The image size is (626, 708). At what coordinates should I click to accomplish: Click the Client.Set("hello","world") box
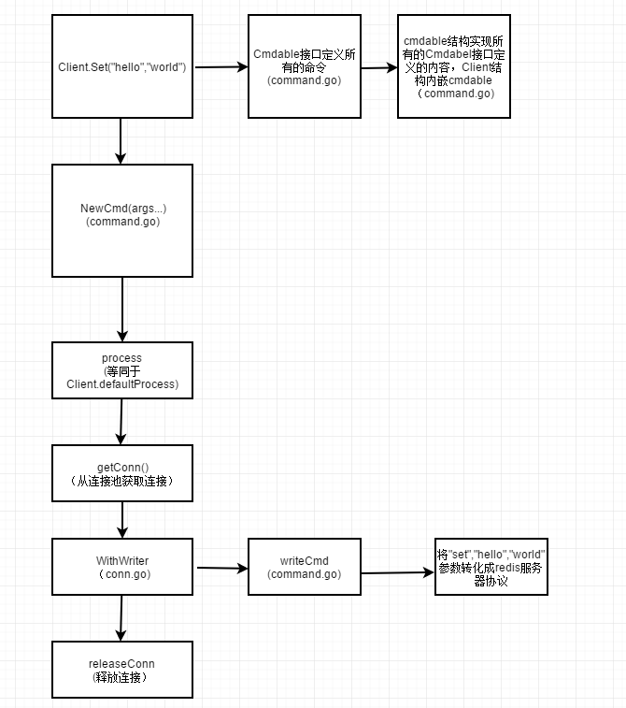(x=122, y=66)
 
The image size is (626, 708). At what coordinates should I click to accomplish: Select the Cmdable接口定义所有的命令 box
(x=305, y=66)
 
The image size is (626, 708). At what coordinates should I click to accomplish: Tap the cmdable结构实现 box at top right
(x=454, y=66)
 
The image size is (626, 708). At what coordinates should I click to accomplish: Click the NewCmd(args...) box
(x=122, y=221)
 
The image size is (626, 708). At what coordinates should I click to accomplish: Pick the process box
(x=122, y=370)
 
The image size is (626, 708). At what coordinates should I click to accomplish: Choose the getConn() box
(x=122, y=472)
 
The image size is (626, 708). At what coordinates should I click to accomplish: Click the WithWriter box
(x=122, y=567)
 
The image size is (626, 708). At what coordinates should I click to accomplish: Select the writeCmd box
(x=305, y=567)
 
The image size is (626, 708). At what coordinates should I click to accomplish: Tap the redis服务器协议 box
(x=491, y=567)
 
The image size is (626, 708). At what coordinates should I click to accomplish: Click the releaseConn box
(x=122, y=670)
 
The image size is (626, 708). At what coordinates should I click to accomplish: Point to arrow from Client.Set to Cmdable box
(x=221, y=66)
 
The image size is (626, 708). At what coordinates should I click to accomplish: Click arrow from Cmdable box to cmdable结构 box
(x=378, y=67)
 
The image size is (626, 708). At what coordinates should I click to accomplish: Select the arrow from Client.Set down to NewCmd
(x=121, y=141)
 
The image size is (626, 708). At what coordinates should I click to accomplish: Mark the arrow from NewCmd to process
(x=122, y=310)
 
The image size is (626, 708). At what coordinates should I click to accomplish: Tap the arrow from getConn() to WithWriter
(x=122, y=520)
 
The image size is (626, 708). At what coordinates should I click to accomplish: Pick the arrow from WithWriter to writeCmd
(x=221, y=568)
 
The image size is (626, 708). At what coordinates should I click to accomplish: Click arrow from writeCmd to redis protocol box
(x=398, y=572)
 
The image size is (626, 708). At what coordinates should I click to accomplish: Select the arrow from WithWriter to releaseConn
(x=121, y=618)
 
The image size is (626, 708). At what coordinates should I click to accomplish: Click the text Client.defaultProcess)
(x=122, y=383)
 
